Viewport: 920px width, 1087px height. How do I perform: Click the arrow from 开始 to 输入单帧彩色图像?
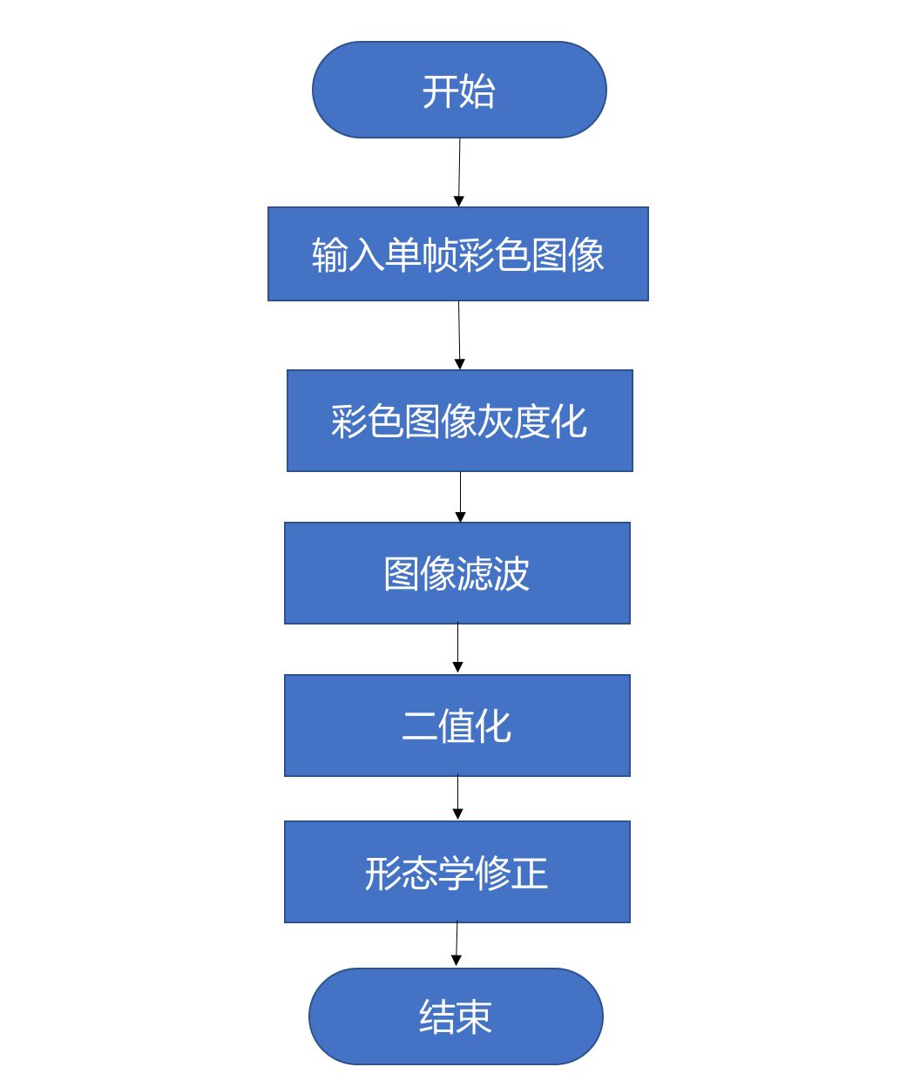[459, 172]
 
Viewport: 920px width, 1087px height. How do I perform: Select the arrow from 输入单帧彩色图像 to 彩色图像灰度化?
[459, 334]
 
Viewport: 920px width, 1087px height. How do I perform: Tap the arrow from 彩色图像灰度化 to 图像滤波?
[460, 496]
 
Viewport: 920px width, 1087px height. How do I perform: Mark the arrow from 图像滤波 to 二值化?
[457, 648]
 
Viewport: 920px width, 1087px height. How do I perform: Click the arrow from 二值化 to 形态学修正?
[457, 798]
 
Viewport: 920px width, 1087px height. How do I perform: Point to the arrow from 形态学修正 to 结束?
[457, 944]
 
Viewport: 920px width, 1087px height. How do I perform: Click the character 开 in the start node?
[440, 91]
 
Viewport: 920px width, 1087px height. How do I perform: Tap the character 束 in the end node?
[475, 1016]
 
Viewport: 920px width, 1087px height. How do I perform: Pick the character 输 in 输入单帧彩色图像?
[330, 255]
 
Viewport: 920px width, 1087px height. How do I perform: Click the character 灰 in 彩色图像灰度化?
[496, 422]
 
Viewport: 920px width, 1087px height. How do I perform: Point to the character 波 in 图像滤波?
[511, 574]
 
